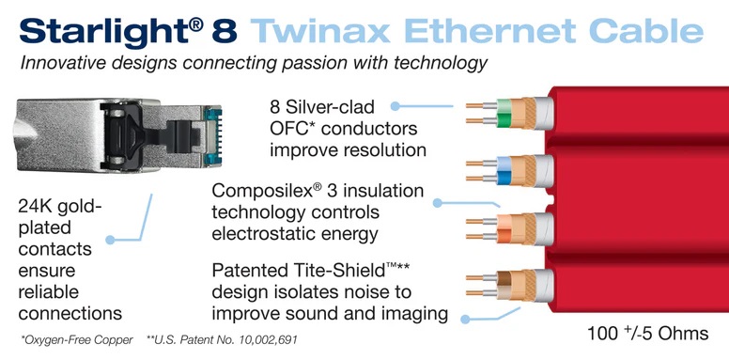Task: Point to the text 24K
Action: tap(40, 205)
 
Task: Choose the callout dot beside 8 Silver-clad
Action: tap(396, 107)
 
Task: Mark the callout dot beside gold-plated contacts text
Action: tap(111, 241)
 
